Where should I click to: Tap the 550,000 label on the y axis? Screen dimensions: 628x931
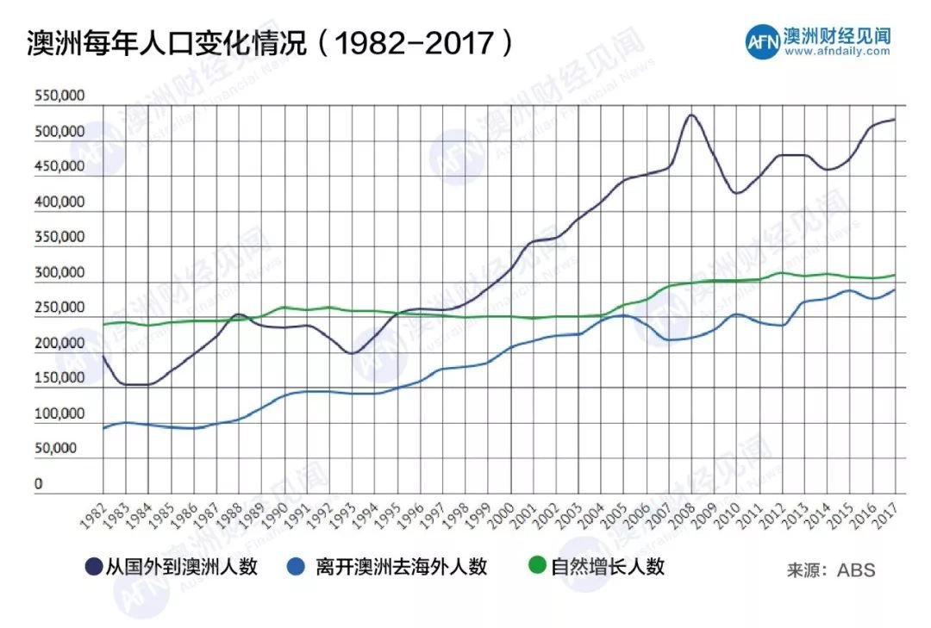click(x=59, y=97)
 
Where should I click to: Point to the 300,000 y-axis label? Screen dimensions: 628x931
click(x=59, y=273)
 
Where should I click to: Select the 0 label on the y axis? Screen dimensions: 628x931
click(x=39, y=484)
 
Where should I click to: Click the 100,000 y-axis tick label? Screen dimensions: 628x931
click(x=59, y=413)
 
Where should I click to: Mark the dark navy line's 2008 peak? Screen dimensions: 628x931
click(x=690, y=115)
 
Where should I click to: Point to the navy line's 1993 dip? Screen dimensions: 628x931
click(x=351, y=353)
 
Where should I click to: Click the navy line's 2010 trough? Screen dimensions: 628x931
click(x=736, y=193)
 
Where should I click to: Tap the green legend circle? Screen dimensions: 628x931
click(x=537, y=567)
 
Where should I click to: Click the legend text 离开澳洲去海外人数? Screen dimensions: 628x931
click(x=402, y=567)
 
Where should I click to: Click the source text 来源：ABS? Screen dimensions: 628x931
click(x=830, y=570)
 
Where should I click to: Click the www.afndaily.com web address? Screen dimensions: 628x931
click(x=837, y=52)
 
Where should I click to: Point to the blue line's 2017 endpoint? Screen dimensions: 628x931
click(x=894, y=290)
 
